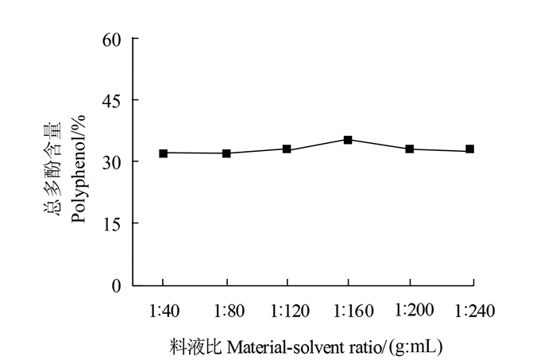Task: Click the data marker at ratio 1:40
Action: point(163,153)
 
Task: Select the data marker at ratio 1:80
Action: point(226,153)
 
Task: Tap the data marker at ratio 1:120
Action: point(287,149)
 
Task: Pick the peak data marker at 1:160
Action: point(348,140)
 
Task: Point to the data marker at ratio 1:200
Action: point(410,149)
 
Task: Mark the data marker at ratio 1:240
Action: point(470,149)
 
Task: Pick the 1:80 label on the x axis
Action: point(226,311)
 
